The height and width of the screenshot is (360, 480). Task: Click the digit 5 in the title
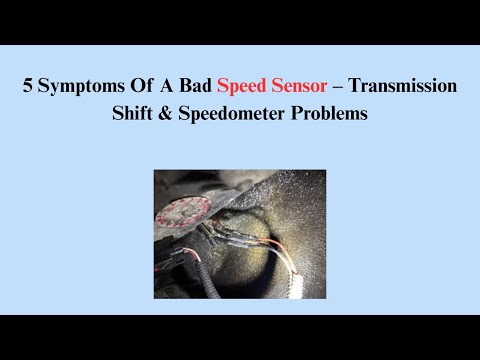pyautogui.click(x=28, y=87)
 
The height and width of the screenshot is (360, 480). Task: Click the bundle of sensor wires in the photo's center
pyautogui.click(x=240, y=235)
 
